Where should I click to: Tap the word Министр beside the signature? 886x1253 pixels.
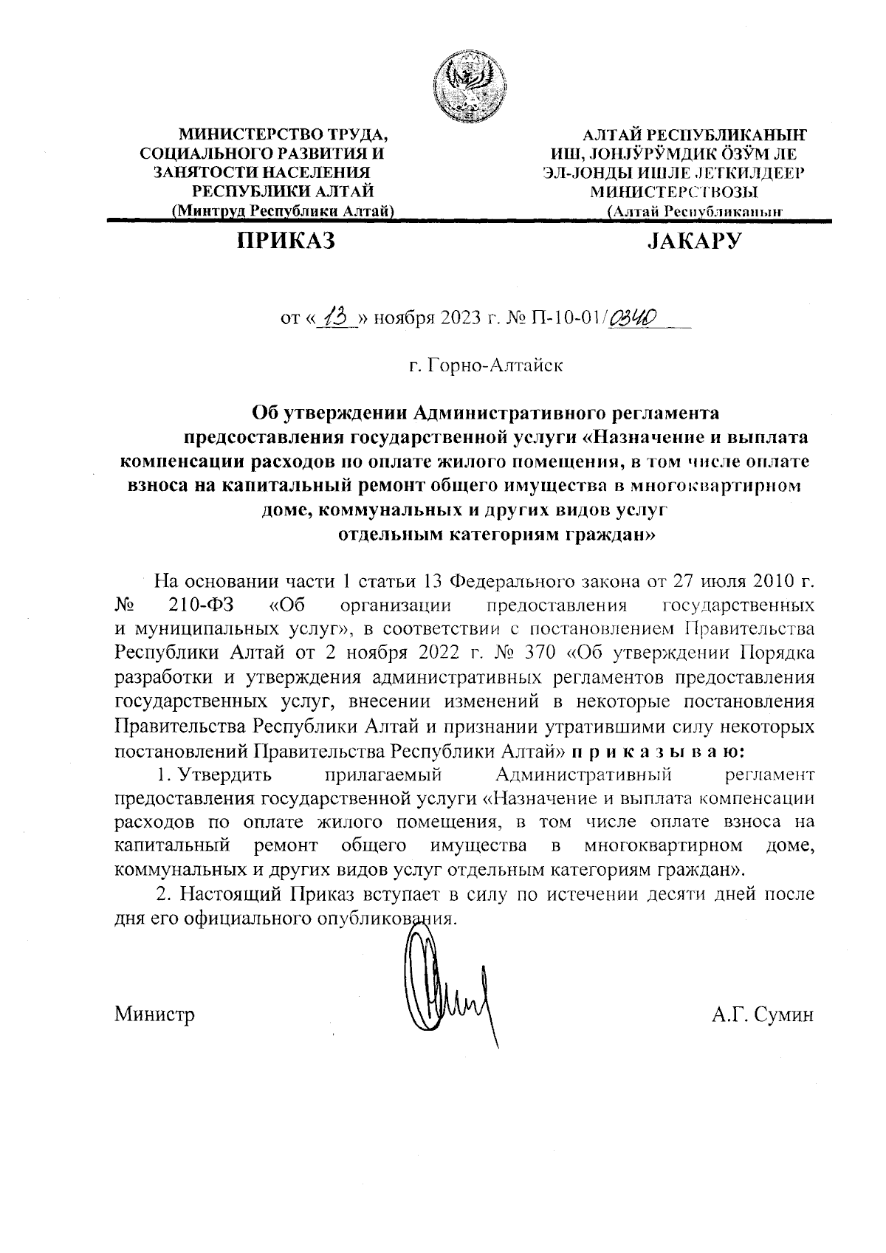point(154,1015)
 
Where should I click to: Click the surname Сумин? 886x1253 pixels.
point(784,1015)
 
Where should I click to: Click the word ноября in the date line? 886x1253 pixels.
point(404,320)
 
